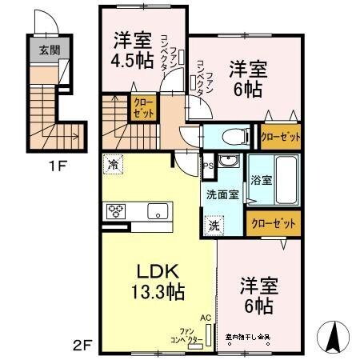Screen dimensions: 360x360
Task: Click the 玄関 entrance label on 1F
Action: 41,49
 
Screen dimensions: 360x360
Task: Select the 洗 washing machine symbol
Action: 214,226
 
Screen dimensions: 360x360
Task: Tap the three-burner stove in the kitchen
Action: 115,212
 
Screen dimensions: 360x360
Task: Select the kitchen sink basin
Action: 157,212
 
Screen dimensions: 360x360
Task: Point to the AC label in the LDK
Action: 206,318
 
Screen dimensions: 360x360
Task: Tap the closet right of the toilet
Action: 281,137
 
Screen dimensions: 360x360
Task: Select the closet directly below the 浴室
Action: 275,223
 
